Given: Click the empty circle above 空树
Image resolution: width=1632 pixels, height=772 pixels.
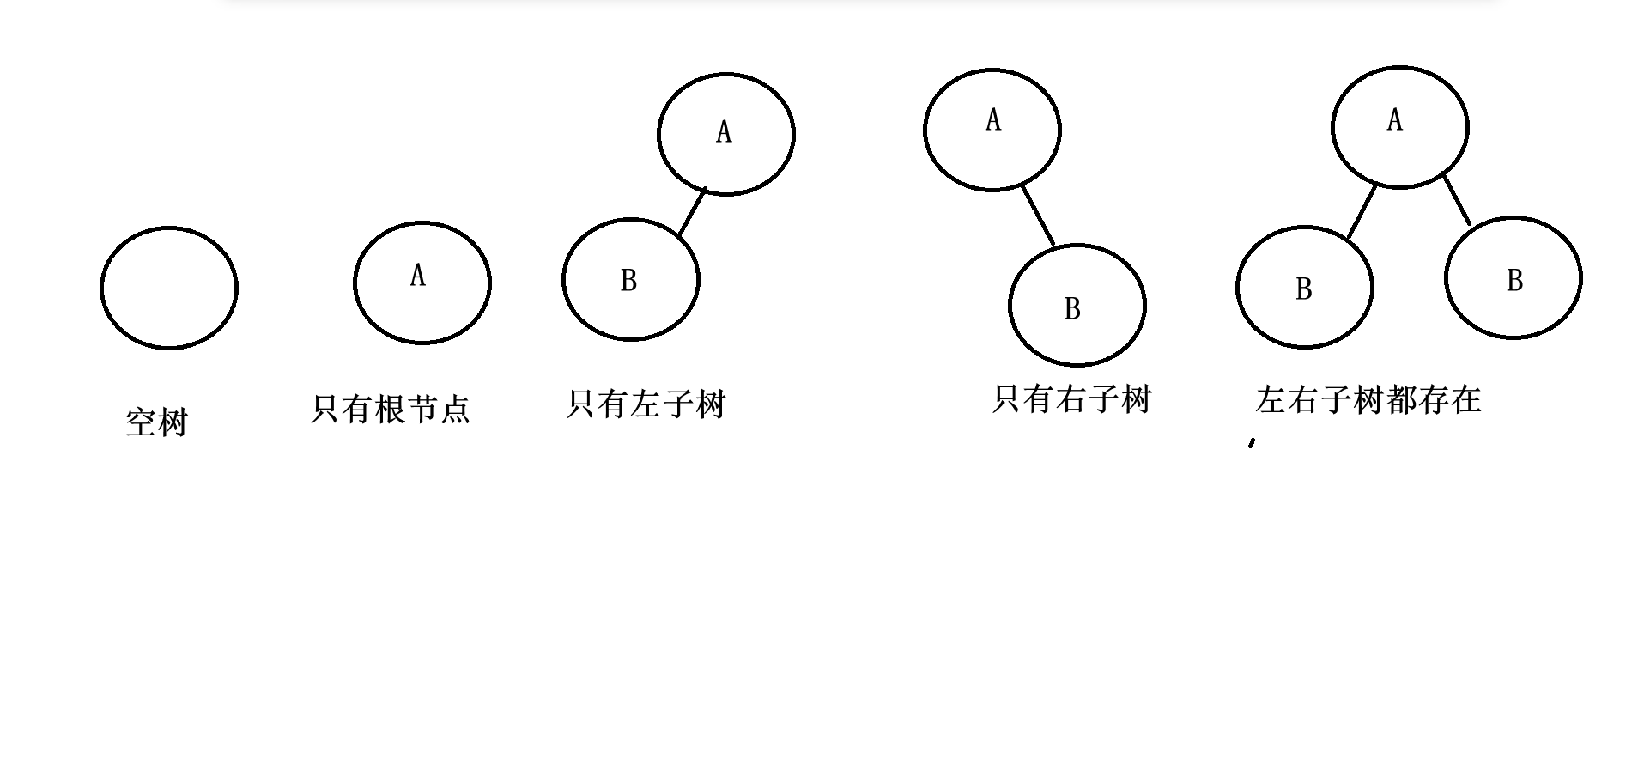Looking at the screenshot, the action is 169,288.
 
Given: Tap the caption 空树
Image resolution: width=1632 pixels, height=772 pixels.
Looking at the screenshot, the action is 156,422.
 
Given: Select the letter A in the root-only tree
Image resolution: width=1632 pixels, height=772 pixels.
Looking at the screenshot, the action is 418,276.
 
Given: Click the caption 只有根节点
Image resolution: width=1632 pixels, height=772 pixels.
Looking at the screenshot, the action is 391,408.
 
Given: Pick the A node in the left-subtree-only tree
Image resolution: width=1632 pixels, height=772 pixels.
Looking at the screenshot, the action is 726,134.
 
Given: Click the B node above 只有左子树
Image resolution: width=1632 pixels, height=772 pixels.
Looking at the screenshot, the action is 631,280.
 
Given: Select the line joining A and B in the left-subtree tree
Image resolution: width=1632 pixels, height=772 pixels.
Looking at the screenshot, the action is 692,212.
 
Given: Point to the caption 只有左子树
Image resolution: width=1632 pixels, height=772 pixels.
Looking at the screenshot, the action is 646,404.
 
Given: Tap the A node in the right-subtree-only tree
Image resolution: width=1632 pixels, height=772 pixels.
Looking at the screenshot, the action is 992,130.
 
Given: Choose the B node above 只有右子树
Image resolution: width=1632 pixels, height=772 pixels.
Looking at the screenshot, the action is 1077,306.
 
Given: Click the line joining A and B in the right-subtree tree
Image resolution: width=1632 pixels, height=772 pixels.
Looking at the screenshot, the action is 1038,216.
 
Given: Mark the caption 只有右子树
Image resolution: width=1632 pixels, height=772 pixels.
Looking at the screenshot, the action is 1071,399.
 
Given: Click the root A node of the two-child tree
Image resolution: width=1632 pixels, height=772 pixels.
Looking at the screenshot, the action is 1400,127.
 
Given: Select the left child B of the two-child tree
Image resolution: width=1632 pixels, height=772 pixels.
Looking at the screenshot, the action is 1305,288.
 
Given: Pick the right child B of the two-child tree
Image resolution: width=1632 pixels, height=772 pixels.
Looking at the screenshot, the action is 1514,278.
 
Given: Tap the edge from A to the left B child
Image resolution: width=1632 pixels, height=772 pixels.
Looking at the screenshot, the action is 1362,211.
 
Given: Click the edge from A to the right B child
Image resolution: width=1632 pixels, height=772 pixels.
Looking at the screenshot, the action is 1457,200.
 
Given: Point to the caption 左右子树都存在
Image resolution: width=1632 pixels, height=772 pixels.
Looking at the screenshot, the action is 1368,399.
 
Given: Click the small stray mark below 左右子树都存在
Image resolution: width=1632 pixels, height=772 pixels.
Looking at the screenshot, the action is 1253,443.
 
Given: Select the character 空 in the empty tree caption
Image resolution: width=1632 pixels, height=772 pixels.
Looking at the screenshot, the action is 141,422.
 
